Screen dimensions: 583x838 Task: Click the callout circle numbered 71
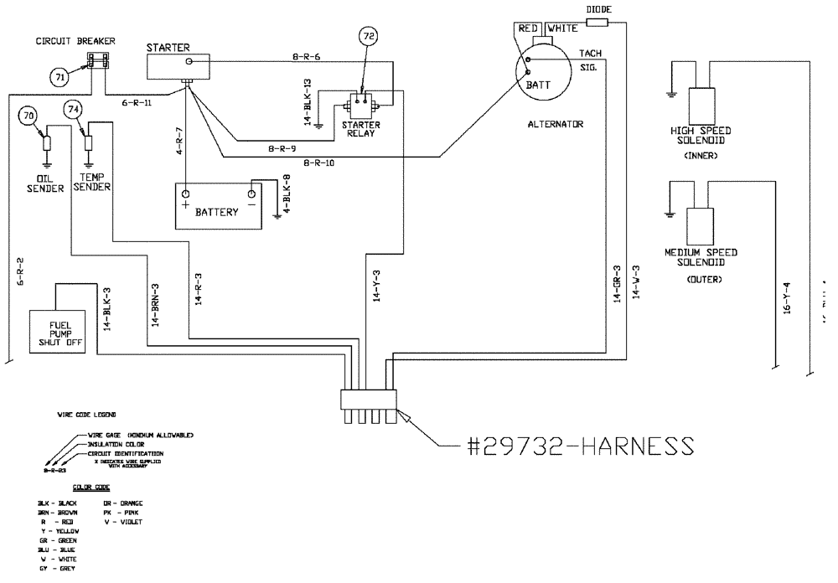(60, 77)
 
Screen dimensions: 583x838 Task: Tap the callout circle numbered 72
(369, 36)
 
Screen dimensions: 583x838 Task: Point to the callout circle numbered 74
(74, 110)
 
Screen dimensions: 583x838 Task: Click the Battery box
(218, 206)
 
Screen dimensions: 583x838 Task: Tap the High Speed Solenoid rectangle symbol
(701, 104)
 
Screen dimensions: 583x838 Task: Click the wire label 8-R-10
(319, 163)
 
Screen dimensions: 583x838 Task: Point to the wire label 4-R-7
(178, 140)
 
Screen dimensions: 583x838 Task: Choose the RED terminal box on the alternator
(528, 29)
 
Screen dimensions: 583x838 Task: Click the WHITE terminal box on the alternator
(562, 29)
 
